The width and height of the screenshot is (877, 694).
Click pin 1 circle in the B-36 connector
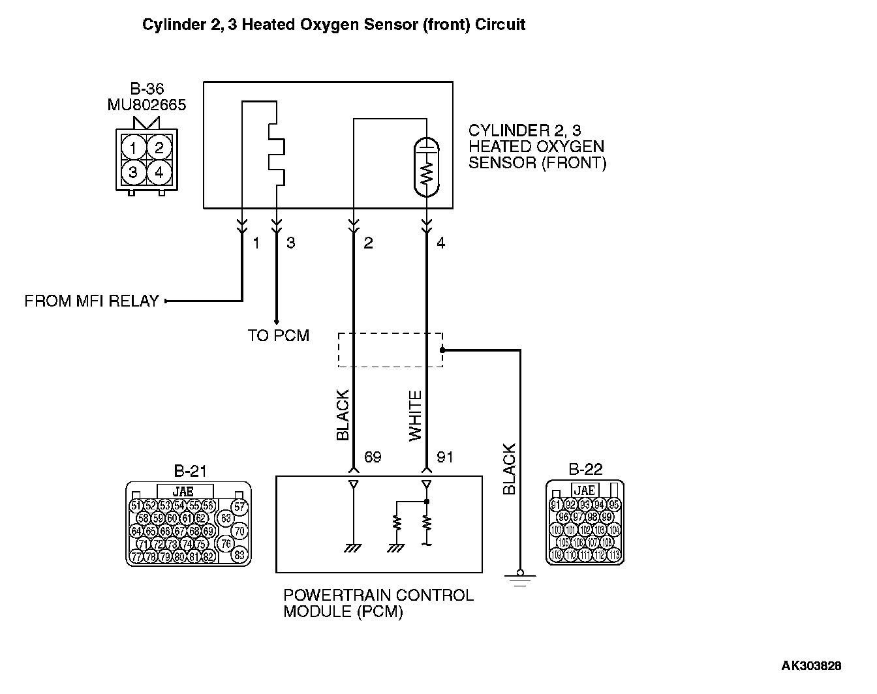click(133, 148)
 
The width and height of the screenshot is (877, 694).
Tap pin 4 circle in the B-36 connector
click(159, 173)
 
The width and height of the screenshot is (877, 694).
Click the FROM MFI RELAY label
click(91, 301)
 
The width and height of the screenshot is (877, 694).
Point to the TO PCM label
click(278, 336)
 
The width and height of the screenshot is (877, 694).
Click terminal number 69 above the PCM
click(372, 457)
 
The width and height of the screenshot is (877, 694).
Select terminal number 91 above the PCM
click(444, 457)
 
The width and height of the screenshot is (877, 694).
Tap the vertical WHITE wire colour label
click(416, 416)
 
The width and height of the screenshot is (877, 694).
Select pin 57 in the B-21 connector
click(240, 506)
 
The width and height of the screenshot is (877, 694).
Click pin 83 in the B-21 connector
click(240, 555)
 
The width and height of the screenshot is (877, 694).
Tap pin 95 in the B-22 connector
click(614, 504)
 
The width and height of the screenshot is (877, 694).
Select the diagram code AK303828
click(811, 666)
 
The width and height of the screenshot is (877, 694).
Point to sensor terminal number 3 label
click(290, 243)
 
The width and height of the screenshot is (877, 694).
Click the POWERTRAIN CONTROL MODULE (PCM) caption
click(378, 603)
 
